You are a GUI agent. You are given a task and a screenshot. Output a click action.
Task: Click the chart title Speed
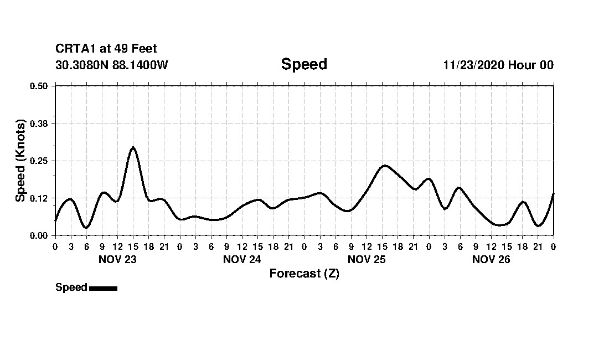[x=304, y=64]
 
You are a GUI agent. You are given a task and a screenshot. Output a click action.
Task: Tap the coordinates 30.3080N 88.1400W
[x=111, y=65]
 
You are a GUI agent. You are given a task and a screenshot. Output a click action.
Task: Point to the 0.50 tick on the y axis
[x=39, y=86]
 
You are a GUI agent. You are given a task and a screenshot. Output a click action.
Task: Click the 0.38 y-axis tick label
[x=39, y=123]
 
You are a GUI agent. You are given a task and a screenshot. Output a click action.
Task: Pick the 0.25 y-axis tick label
[x=39, y=161]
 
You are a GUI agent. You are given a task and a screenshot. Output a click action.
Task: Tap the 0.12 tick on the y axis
[x=39, y=198]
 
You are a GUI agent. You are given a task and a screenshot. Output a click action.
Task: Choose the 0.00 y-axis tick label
[x=39, y=235]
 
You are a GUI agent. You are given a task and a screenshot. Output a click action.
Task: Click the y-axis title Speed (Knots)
[x=20, y=161]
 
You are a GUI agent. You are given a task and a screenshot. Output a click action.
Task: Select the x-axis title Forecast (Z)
[x=304, y=274]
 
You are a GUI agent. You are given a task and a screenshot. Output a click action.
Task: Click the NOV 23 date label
[x=117, y=259]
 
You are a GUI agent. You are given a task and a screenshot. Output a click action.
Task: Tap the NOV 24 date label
[x=242, y=259]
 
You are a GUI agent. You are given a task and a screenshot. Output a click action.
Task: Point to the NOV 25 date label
[x=367, y=259]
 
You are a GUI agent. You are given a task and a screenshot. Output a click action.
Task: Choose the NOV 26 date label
[x=491, y=259]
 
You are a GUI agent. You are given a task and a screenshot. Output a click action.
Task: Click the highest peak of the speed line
[x=133, y=147]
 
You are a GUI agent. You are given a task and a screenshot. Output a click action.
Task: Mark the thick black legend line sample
[x=103, y=288]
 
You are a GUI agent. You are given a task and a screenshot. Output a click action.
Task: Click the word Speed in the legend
[x=71, y=287]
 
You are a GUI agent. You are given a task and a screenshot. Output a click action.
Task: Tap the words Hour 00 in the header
[x=531, y=65]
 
